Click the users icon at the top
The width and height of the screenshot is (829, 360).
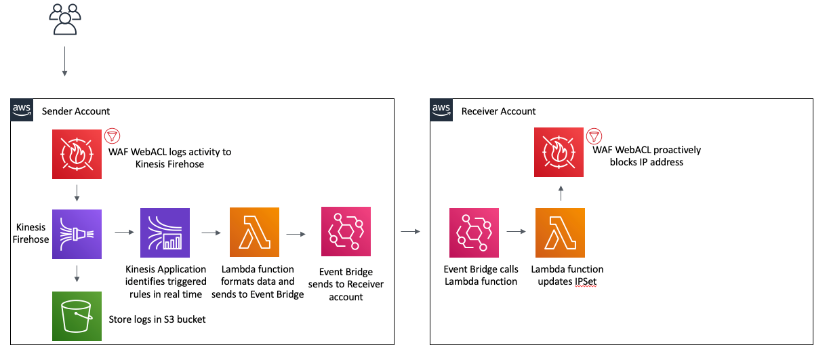tap(65, 19)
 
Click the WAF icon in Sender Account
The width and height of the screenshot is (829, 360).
tap(77, 155)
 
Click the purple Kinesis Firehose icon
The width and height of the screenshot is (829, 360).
tap(77, 234)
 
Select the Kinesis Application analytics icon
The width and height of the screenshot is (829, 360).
tap(165, 233)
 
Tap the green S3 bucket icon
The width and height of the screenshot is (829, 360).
tap(77, 316)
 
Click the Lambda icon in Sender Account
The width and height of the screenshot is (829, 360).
tap(255, 233)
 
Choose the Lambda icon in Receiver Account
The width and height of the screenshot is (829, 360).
tap(560, 233)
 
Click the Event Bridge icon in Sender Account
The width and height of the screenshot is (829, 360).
tap(346, 233)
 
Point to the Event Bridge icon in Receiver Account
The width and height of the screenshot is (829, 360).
tap(474, 233)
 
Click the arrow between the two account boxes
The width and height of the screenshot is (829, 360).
tap(410, 233)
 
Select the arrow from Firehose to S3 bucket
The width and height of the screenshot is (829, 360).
tap(77, 274)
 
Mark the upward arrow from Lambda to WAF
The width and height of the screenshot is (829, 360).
tap(561, 194)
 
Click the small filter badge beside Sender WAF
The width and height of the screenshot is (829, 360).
tap(112, 135)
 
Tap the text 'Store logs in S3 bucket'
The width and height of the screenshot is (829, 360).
tap(157, 319)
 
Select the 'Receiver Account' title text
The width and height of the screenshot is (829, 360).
tap(498, 111)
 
